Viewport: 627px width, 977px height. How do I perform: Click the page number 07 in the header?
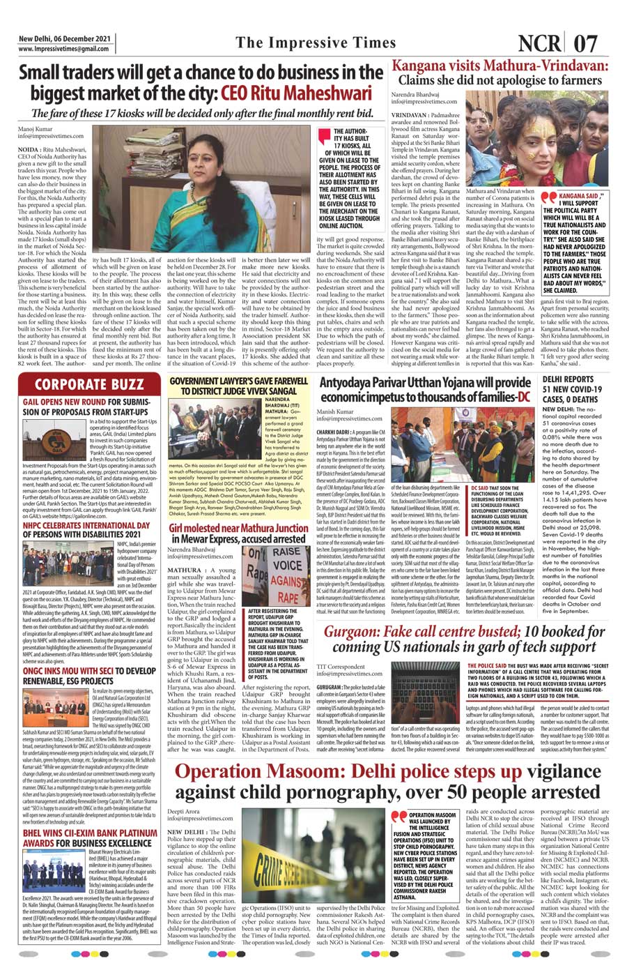click(x=585, y=44)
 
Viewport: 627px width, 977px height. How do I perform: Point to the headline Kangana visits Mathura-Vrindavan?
click(x=500, y=66)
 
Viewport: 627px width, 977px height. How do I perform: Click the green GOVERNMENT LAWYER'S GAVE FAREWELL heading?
click(x=238, y=386)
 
